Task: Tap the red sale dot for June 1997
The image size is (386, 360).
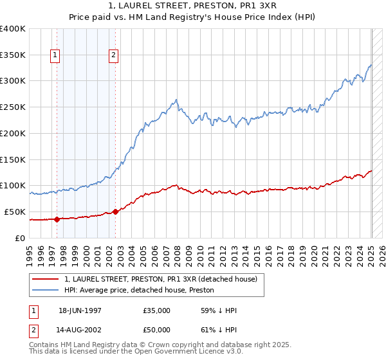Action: [57, 219]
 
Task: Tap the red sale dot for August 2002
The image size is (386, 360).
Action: [115, 212]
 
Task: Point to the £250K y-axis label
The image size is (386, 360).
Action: [13, 107]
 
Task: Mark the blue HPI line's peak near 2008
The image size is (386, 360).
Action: [176, 100]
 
